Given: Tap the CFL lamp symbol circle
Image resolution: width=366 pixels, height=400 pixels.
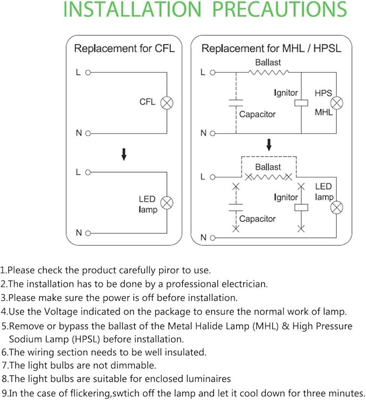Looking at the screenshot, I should [x=167, y=102].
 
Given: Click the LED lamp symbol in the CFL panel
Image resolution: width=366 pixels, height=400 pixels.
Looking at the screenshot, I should [x=167, y=203].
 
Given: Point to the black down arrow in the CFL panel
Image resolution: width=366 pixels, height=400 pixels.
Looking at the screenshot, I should [x=124, y=155].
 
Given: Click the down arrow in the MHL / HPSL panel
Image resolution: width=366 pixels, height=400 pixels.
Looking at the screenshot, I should [x=268, y=144].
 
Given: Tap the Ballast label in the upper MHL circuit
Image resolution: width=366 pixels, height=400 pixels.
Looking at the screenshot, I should [x=268, y=62].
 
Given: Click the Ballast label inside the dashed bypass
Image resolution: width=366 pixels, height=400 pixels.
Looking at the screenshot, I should [x=268, y=167].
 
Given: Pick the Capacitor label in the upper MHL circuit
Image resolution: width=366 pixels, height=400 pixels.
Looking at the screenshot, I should [x=257, y=114].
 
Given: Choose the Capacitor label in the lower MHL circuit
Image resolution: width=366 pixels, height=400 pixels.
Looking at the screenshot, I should [x=257, y=219].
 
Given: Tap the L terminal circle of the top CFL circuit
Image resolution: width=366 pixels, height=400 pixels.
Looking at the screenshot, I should [x=87, y=72].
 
